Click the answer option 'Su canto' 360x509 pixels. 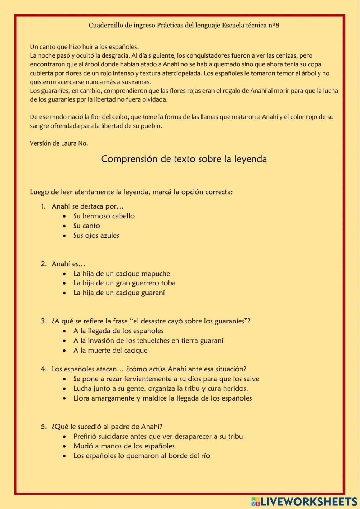86,226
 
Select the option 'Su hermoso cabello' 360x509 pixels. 104,216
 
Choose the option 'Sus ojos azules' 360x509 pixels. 96,236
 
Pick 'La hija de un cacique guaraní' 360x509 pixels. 119,293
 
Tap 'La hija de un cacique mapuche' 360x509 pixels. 121,274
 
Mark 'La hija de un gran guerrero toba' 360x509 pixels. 124,283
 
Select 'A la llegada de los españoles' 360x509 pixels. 118,331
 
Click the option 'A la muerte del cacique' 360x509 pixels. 110,351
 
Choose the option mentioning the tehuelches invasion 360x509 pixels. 148,341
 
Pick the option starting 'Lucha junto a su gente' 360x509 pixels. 160,389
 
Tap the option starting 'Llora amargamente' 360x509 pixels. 162,398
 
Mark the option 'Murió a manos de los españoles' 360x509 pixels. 124,446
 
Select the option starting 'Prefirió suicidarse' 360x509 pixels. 158,437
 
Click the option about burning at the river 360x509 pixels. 141,456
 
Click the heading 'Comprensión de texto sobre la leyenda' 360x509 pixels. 184,159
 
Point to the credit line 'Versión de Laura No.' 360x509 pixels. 59,143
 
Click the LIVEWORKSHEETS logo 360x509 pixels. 304,501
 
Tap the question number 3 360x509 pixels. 43,321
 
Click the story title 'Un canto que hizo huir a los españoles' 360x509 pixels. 84,47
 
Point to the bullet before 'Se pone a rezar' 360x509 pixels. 64,379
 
